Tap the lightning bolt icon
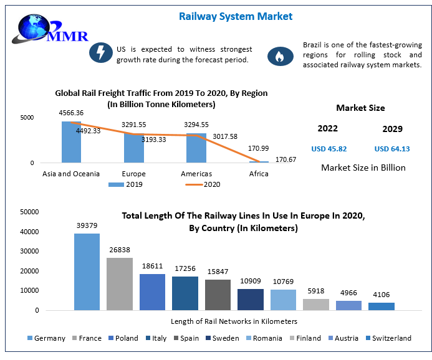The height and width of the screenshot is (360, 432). click(x=99, y=54)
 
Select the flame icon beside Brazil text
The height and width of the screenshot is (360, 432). click(x=281, y=57)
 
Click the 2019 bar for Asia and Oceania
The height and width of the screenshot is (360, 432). click(x=72, y=142)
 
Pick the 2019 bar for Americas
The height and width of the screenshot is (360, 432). click(x=196, y=148)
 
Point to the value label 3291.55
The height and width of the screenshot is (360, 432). click(x=133, y=125)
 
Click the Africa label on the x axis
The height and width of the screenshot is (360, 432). click(x=259, y=174)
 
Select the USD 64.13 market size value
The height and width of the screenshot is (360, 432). click(x=392, y=149)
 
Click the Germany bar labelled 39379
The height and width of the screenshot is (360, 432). click(x=87, y=272)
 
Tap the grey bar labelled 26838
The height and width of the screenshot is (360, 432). click(x=119, y=283)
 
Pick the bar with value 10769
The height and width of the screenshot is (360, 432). click(x=282, y=300)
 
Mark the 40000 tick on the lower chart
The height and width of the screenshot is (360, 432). click(x=31, y=232)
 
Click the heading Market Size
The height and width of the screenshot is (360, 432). click(x=360, y=108)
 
